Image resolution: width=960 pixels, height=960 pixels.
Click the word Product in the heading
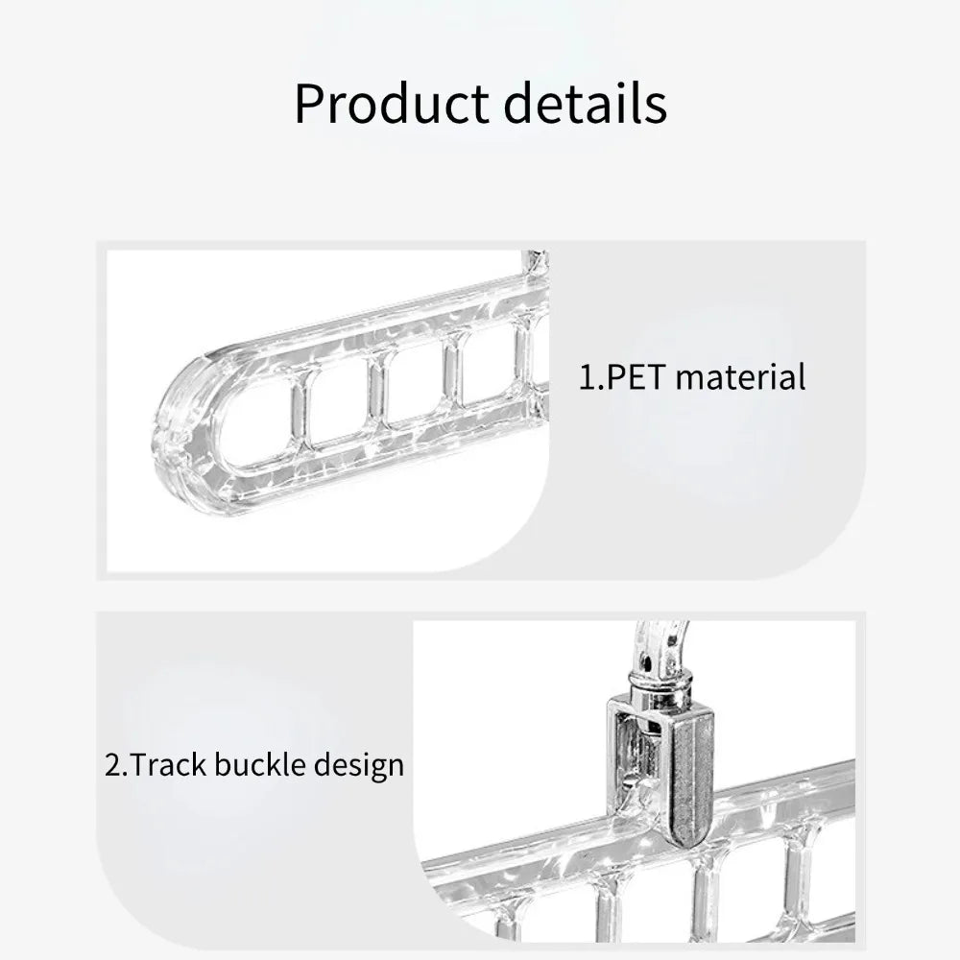tap(392, 103)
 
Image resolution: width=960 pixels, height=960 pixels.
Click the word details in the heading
tap(586, 103)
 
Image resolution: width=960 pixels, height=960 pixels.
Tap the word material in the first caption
tap(741, 376)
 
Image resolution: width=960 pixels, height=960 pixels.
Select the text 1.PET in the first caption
tap(622, 376)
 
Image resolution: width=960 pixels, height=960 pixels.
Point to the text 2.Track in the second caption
tap(156, 765)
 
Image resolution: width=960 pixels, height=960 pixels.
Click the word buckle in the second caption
tap(260, 765)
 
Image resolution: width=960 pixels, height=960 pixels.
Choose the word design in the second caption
tap(359, 766)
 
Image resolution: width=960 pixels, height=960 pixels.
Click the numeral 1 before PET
tap(587, 376)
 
